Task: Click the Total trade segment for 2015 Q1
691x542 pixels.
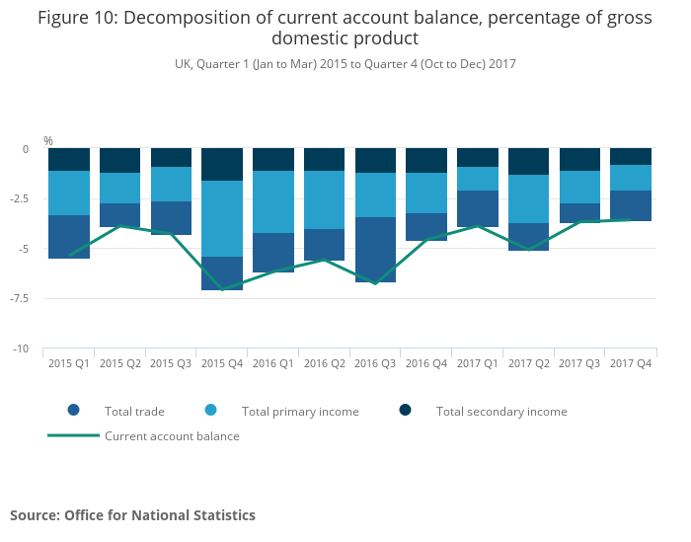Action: click(69, 237)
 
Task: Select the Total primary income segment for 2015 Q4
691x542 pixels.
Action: click(222, 218)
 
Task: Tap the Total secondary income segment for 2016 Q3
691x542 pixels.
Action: click(375, 160)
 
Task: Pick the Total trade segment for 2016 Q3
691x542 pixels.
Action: click(375, 250)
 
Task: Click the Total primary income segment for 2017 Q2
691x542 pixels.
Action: click(529, 198)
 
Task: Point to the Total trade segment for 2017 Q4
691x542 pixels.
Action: click(631, 205)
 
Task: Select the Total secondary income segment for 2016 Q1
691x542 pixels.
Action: click(273, 159)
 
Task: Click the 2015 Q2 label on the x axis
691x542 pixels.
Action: click(120, 363)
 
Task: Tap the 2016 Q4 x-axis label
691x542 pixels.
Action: click(426, 363)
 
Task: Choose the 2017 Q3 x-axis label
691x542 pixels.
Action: click(579, 363)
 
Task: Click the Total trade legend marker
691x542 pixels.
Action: click(73, 411)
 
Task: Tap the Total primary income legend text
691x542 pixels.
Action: click(300, 412)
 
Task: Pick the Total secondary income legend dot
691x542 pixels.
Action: click(405, 411)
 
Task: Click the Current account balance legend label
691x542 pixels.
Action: click(172, 435)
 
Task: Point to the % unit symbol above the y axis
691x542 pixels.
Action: click(47, 141)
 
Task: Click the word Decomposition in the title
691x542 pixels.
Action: click(177, 18)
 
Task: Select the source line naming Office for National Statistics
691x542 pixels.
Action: click(132, 515)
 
